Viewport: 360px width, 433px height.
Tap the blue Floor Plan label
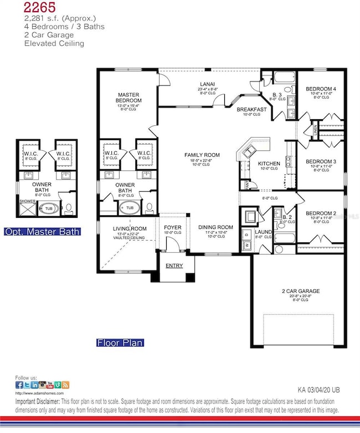[x=120, y=343]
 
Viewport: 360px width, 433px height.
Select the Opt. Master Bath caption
[x=43, y=232]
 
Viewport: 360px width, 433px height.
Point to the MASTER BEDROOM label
[x=130, y=98]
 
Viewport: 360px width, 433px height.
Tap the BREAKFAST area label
[x=252, y=110]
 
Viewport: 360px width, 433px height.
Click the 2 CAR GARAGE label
[x=300, y=291]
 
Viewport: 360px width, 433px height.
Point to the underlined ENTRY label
[x=174, y=266]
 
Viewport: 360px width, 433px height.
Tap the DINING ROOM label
[x=215, y=227]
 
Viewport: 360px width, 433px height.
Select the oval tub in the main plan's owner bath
[x=130, y=208]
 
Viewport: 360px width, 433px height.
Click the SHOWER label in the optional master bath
[x=27, y=201]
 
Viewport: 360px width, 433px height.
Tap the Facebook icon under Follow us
[x=19, y=385]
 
